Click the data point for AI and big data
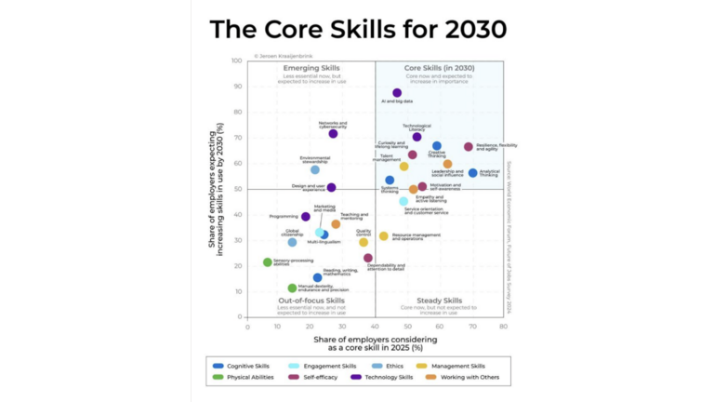(397, 93)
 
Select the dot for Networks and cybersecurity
(333, 134)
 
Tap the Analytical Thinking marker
(472, 173)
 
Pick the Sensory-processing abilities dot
(268, 262)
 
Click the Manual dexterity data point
(292, 288)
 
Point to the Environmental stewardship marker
(315, 170)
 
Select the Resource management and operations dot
(383, 236)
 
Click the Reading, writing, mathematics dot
(317, 277)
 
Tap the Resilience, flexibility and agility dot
(469, 147)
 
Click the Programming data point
(306, 217)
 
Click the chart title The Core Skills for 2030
(358, 29)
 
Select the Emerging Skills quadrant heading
(311, 68)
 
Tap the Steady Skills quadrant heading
(439, 301)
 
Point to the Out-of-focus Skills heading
(311, 301)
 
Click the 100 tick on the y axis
(238, 61)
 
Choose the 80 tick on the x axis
(503, 327)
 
